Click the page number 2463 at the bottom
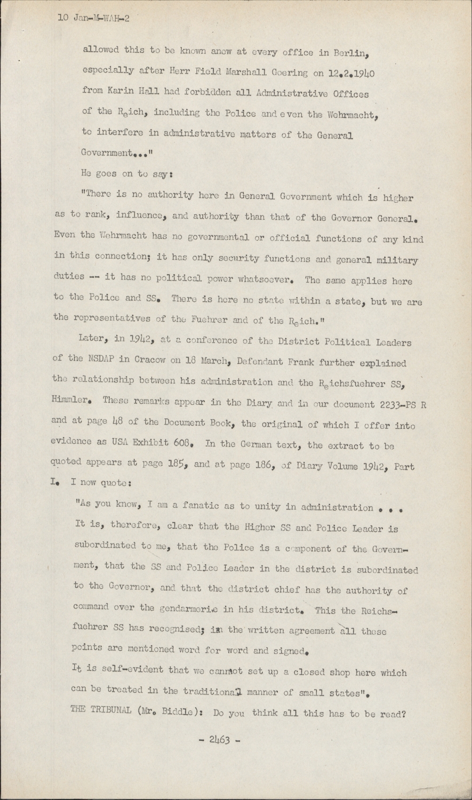pos(219,740)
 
